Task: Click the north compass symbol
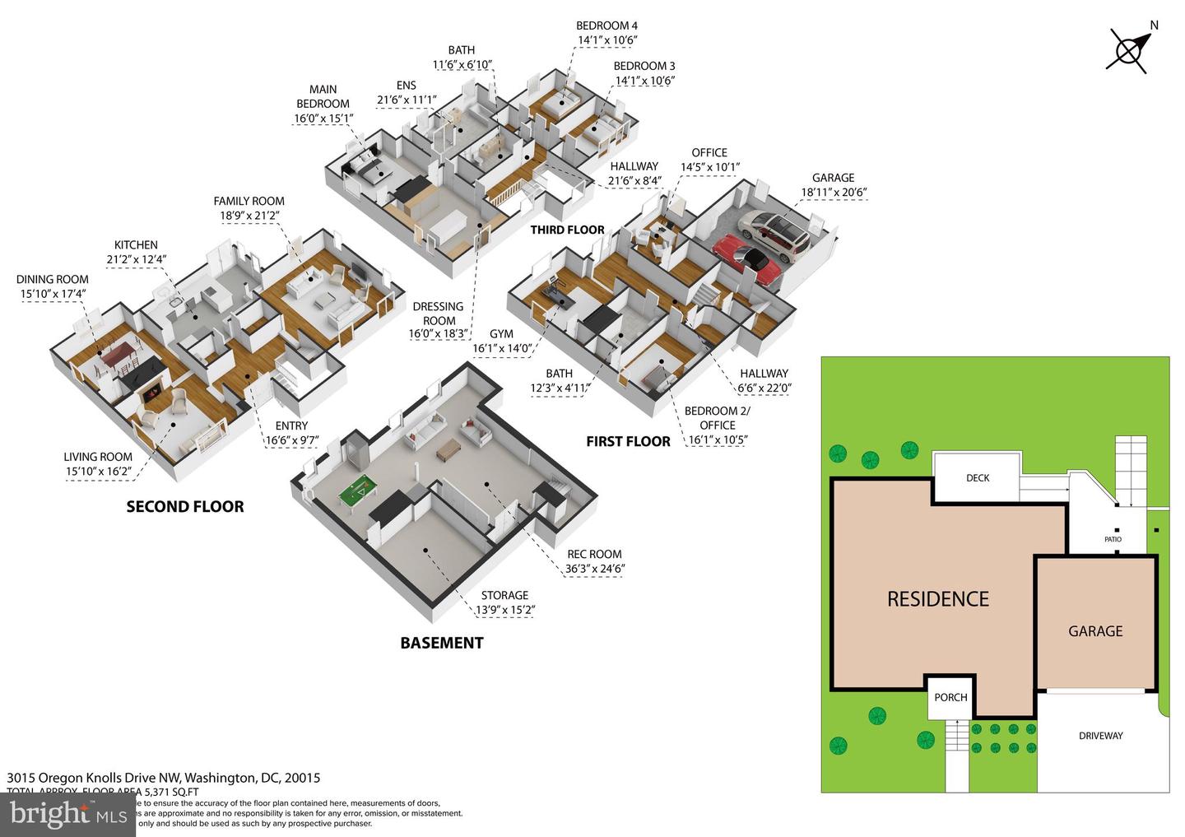tap(1129, 49)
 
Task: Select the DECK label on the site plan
tap(978, 477)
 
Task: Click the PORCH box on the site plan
tap(950, 697)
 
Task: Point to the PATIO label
tap(1113, 539)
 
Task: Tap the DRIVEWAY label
tap(1100, 736)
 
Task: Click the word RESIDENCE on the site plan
tap(938, 599)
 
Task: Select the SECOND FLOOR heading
tap(185, 507)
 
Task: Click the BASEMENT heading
tap(442, 643)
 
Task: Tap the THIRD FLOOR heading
tap(567, 230)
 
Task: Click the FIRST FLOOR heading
tap(628, 441)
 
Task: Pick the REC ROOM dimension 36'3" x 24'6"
tap(594, 569)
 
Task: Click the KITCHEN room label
tap(136, 244)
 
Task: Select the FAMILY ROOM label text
tap(249, 201)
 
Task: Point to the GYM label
tap(501, 334)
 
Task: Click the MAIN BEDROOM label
tap(323, 96)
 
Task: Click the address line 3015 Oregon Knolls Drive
tap(163, 778)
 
